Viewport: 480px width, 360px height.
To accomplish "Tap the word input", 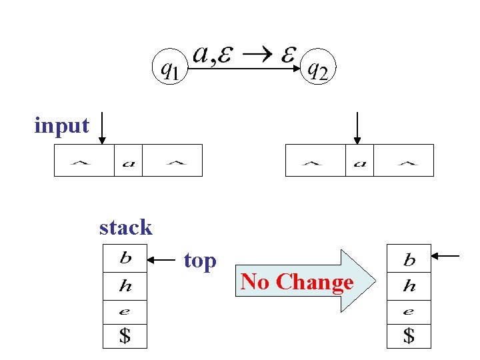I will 61,125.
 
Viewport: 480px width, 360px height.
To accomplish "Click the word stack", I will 125,228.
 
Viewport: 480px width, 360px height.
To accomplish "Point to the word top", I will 200,261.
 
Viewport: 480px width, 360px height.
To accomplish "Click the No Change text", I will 297,282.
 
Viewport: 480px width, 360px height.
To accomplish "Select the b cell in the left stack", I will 125,258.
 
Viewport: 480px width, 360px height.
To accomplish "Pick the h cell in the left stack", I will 125,286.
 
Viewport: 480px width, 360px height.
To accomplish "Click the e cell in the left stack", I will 125,311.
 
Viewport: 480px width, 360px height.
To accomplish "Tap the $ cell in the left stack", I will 125,335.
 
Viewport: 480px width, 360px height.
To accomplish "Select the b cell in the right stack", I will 409,259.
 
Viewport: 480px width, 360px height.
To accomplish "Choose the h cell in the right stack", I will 409,286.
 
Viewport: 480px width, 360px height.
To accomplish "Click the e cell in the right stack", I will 409,311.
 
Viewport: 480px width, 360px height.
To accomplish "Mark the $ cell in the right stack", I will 409,336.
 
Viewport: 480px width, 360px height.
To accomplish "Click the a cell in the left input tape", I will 129,161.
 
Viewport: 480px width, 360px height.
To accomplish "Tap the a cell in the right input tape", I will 359,161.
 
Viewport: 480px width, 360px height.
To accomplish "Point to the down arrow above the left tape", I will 102,128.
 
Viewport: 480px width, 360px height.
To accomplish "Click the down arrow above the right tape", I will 357,128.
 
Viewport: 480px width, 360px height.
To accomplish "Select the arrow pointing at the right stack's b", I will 446,255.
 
